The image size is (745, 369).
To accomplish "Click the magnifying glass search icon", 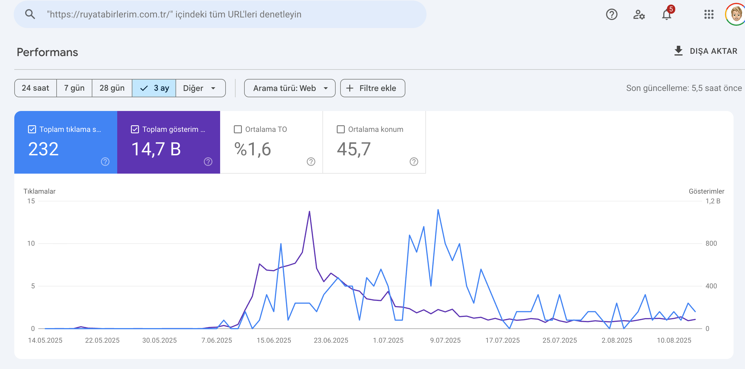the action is pos(30,14).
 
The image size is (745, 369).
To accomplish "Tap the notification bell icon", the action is pos(666,15).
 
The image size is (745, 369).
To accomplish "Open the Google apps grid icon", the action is pos(709,14).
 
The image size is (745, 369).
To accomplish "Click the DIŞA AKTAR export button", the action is pos(706,51).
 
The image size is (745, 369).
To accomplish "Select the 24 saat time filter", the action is pos(35,88).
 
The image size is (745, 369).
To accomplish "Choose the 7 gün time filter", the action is pos(74,88).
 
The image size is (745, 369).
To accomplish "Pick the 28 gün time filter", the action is pos(112,88).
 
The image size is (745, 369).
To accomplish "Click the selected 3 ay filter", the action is pos(154,88).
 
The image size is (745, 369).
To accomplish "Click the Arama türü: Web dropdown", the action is pos(290,88).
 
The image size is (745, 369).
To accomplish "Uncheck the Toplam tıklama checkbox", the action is pos(32,129).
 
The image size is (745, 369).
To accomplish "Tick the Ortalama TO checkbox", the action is pos(238,129).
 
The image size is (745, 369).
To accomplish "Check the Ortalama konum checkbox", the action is pos(341,129).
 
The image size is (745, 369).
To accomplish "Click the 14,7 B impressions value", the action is pos(156,149).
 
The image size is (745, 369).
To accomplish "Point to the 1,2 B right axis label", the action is pos(713,201).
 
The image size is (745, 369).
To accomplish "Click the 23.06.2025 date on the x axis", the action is pos(331,340).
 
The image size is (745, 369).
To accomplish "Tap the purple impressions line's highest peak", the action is pos(309,212).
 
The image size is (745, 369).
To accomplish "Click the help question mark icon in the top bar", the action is pos(611,15).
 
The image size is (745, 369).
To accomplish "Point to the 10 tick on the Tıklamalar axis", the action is pos(31,243).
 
